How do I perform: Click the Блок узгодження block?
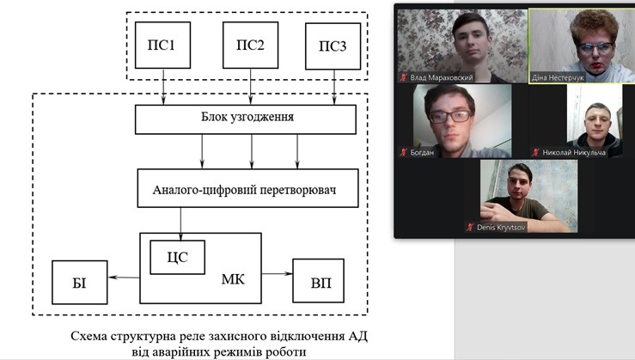pyautogui.click(x=245, y=119)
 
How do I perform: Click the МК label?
pyautogui.click(x=232, y=280)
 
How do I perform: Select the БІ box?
pyautogui.click(x=80, y=282)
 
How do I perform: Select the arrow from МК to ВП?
pyautogui.click(x=276, y=273)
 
